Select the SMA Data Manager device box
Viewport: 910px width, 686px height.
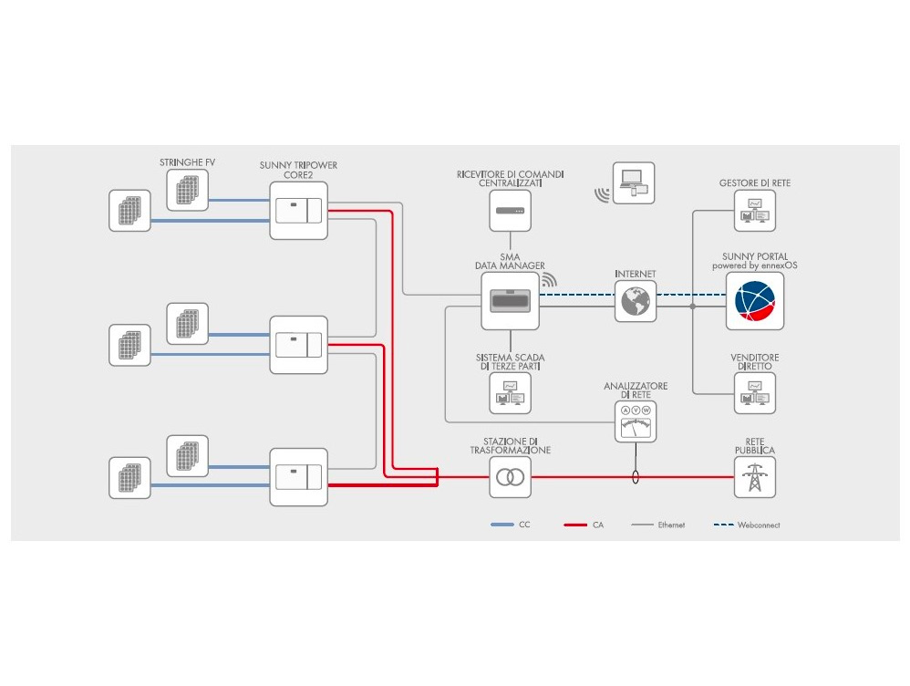click(x=510, y=301)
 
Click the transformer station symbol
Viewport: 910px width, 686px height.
click(x=510, y=477)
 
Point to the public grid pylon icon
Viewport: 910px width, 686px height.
click(x=754, y=477)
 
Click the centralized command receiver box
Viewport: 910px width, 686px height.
click(x=510, y=210)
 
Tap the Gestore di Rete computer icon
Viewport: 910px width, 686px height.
click(x=754, y=211)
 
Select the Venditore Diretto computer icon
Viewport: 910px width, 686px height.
click(x=754, y=392)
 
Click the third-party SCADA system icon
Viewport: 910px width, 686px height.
click(x=510, y=392)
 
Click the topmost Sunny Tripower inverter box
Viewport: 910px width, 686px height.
click(x=298, y=210)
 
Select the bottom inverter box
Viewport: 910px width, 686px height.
click(x=298, y=477)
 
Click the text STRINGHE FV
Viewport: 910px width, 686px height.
click(x=188, y=162)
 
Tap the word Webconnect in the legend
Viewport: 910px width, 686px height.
click(x=759, y=525)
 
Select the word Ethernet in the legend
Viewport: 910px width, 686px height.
click(x=671, y=525)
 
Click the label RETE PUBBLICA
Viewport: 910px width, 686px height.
click(x=754, y=445)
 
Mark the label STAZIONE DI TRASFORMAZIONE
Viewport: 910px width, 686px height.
click(x=510, y=445)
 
